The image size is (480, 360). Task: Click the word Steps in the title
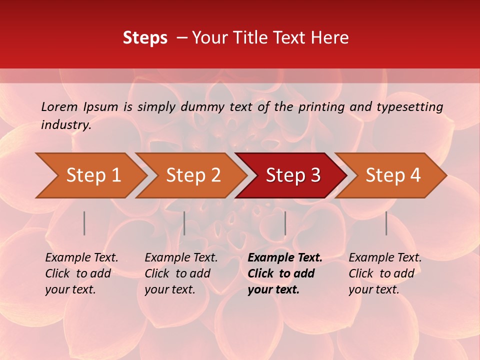pos(145,38)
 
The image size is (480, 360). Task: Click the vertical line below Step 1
pos(84,223)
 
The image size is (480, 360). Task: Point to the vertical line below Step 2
pos(184,223)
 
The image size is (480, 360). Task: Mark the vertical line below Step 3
pos(285,223)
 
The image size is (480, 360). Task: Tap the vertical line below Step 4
pos(386,223)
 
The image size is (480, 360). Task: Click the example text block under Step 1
pos(81,273)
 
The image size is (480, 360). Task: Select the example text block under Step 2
pos(181,273)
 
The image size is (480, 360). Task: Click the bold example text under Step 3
pos(285,273)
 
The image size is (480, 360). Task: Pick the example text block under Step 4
pos(385,273)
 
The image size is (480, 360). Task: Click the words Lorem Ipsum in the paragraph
pos(79,107)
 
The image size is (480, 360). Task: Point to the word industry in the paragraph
pos(66,125)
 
